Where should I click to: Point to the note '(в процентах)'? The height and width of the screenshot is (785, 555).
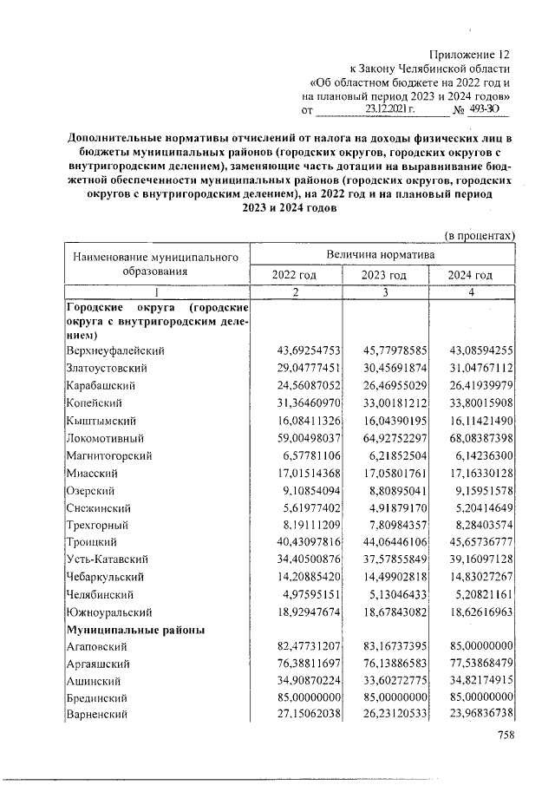point(480,235)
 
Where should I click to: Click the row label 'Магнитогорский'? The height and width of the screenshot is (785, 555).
point(109,455)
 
